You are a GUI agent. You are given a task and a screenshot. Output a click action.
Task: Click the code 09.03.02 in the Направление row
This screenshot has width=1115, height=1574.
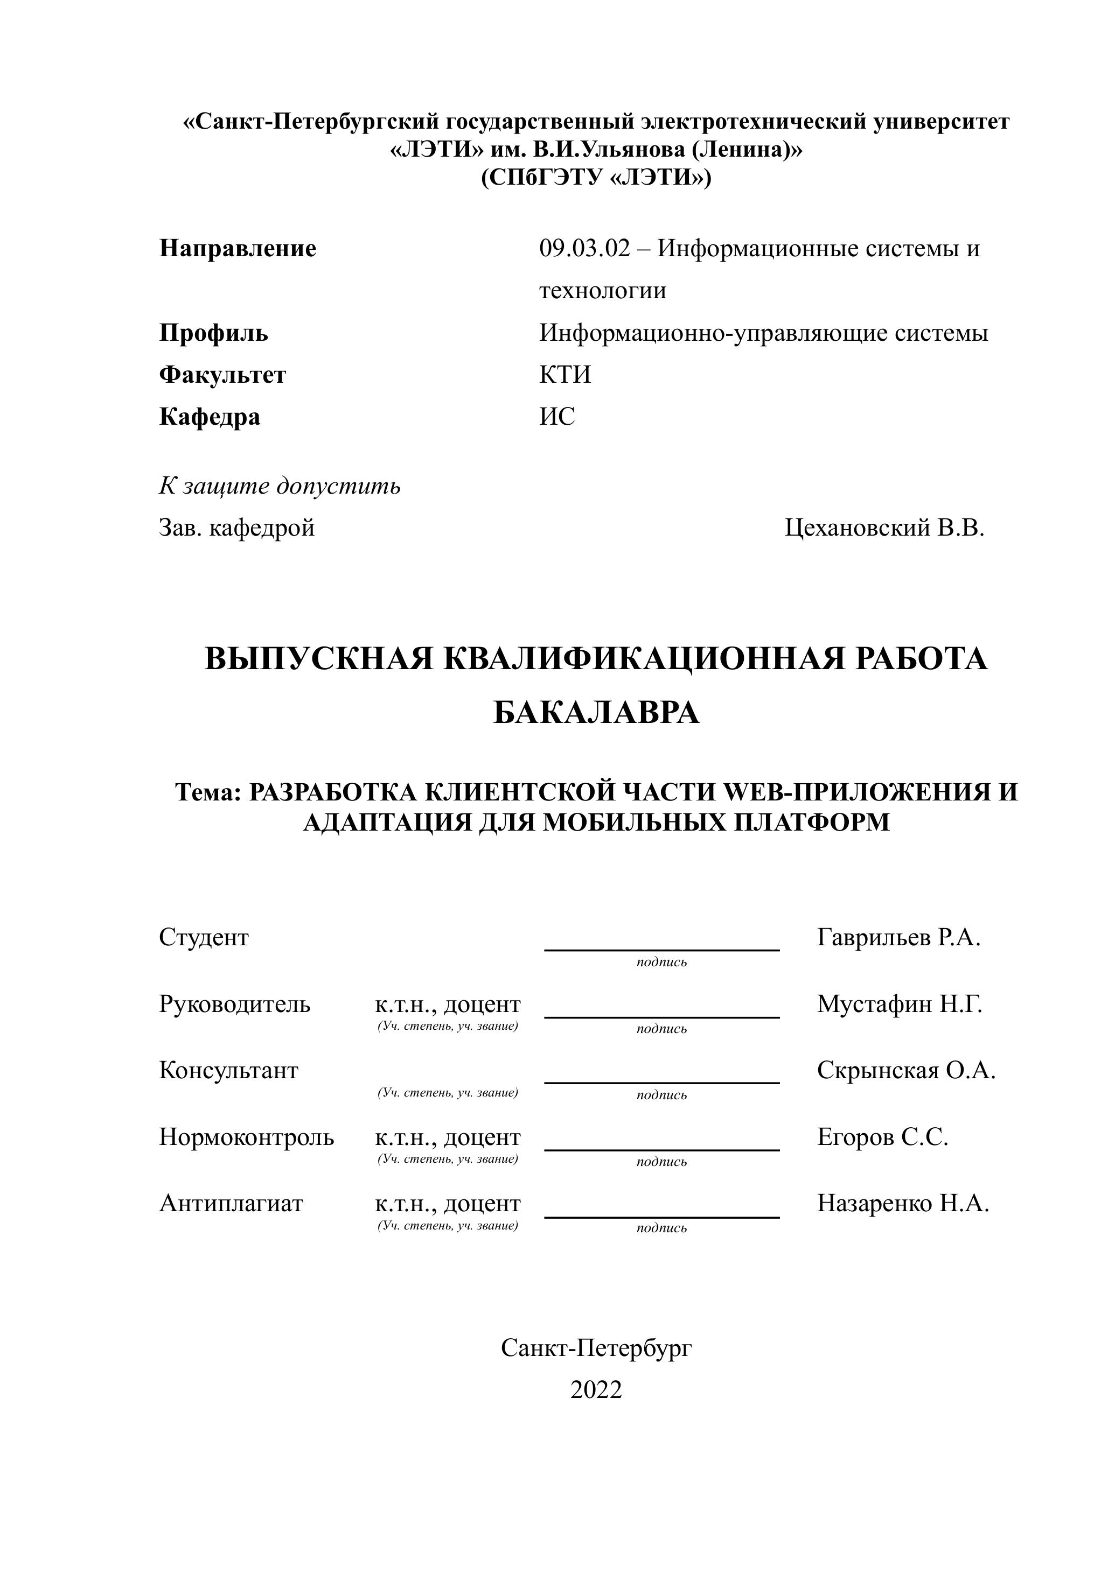[x=584, y=248]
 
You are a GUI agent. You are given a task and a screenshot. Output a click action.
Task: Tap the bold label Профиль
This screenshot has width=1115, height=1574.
[x=213, y=333]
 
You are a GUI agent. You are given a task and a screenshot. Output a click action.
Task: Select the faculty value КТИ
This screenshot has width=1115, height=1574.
[x=565, y=375]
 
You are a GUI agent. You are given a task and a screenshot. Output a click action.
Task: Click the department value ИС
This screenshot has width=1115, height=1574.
[x=557, y=417]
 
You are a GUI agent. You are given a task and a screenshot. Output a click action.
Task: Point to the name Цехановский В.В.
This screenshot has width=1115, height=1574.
[x=884, y=528]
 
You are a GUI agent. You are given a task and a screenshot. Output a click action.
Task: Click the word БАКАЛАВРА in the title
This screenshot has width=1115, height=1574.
[x=596, y=714]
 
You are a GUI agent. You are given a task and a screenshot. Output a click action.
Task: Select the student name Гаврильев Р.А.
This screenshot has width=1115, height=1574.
[x=898, y=937]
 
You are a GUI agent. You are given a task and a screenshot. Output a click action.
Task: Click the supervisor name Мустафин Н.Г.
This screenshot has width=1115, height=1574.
[x=900, y=1004]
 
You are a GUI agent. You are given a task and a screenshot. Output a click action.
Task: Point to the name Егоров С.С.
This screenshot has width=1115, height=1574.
[x=882, y=1137]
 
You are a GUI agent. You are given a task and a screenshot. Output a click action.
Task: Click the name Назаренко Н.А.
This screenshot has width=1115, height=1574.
[x=903, y=1204]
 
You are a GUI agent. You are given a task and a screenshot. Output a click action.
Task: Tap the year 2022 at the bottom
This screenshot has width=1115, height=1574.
[x=596, y=1390]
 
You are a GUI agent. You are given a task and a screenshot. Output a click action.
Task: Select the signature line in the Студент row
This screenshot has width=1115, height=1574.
[x=662, y=949]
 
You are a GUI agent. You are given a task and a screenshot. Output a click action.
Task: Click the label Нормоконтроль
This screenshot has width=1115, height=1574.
[x=247, y=1137]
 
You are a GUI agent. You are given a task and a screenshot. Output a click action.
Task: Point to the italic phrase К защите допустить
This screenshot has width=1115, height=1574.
[x=280, y=487]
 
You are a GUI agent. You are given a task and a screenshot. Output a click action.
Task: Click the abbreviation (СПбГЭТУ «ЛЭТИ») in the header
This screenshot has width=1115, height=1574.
[x=596, y=178]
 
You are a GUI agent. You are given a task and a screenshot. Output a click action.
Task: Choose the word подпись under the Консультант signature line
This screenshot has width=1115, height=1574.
[x=661, y=1095]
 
